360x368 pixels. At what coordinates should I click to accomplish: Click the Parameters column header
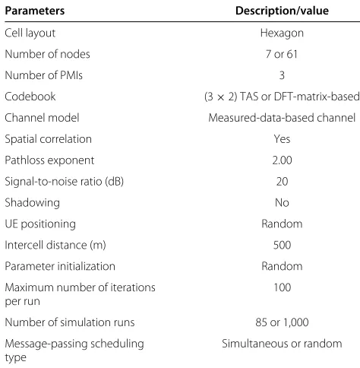[x=35, y=11]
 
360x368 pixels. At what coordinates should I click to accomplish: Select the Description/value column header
[x=282, y=11]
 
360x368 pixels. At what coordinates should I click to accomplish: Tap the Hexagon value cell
[x=282, y=33]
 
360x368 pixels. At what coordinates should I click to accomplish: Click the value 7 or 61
[x=282, y=54]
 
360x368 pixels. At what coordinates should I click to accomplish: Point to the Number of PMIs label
[x=43, y=75]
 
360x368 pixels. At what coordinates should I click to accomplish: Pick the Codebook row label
[x=30, y=97]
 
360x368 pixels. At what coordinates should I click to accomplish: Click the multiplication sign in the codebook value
[x=220, y=97]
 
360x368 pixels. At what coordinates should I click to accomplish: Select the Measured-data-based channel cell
[x=282, y=118]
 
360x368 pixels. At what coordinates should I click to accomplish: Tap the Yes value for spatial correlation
[x=282, y=139]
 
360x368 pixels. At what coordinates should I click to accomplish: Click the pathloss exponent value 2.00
[x=282, y=160]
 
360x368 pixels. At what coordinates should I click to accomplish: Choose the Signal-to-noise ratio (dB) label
[x=65, y=182]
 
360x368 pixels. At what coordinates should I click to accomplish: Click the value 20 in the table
[x=282, y=182]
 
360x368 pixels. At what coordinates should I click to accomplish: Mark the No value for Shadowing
[x=282, y=203]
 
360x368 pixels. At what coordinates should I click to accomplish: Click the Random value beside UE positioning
[x=282, y=224]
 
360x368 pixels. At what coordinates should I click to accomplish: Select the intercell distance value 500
[x=282, y=245]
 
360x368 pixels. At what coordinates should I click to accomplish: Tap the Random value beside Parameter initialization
[x=282, y=266]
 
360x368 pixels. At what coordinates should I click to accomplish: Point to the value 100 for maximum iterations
[x=282, y=287]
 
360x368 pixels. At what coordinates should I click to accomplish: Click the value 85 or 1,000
[x=282, y=322]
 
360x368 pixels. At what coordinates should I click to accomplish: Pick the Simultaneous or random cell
[x=282, y=344]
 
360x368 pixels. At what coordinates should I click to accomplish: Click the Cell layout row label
[x=30, y=33]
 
